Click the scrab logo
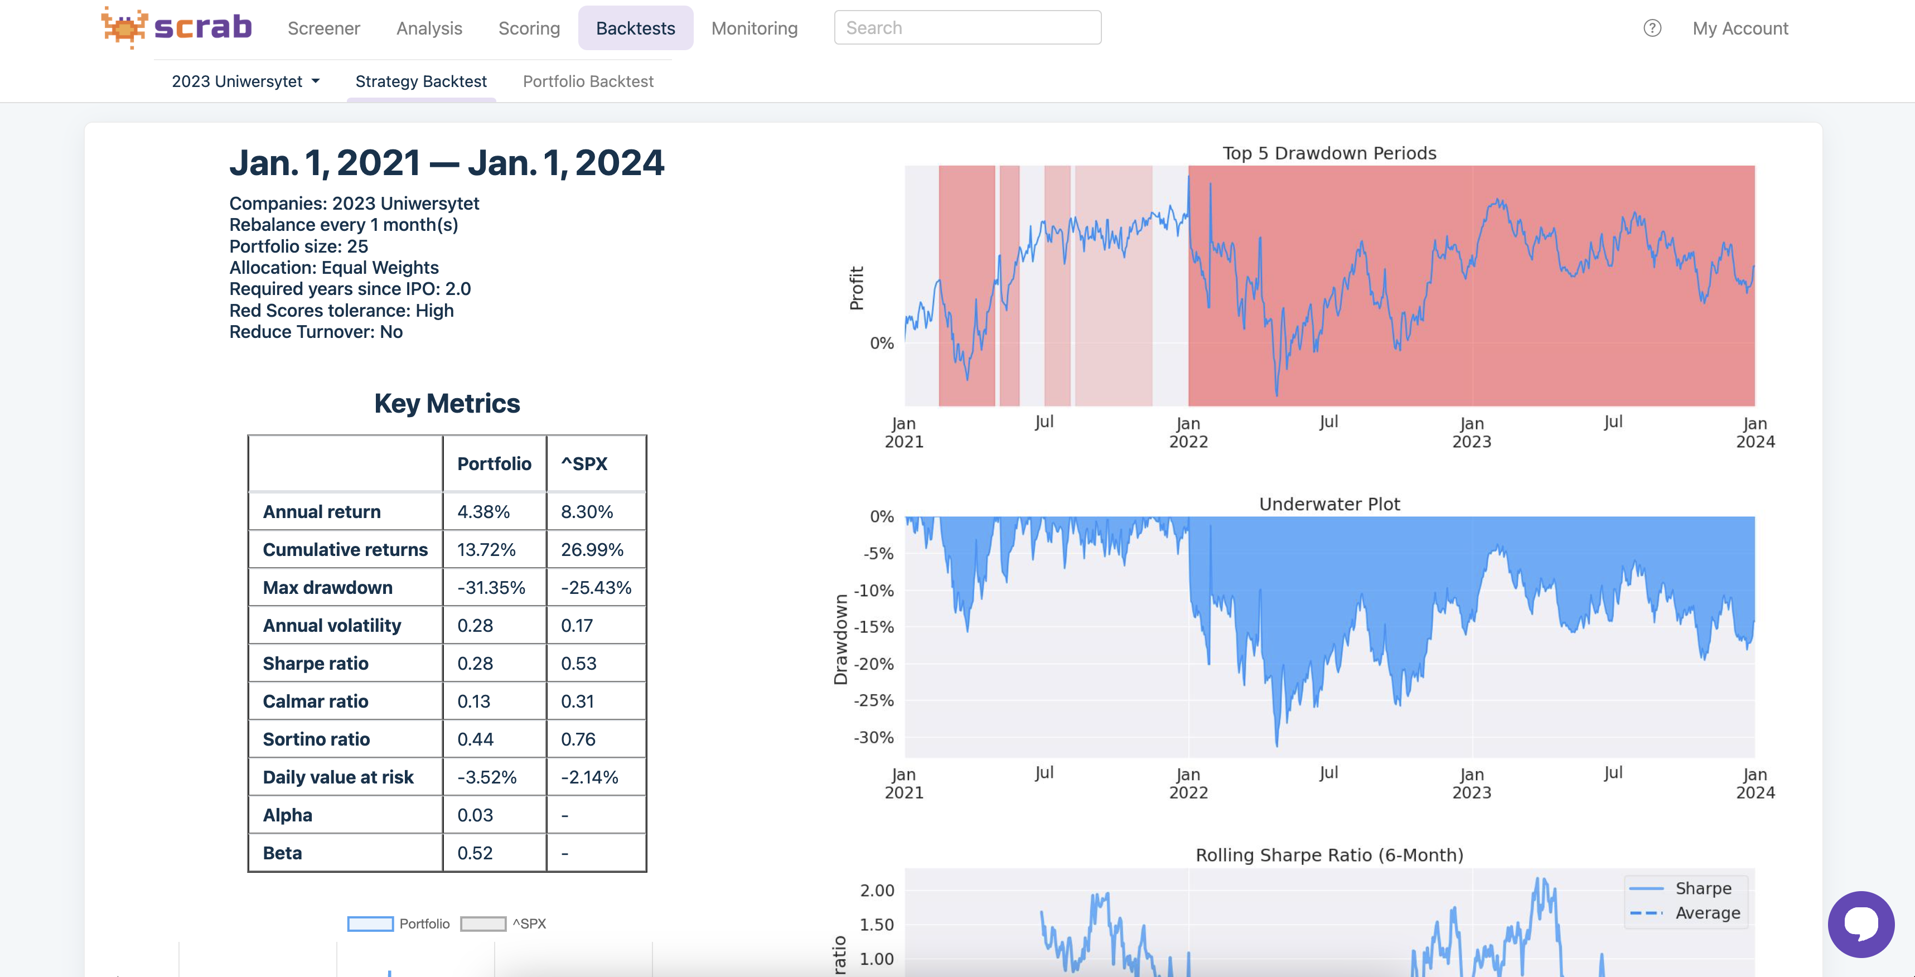(x=177, y=27)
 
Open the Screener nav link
(x=323, y=28)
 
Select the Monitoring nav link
(x=754, y=28)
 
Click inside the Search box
(x=966, y=27)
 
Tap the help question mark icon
(x=1652, y=28)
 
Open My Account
(x=1739, y=28)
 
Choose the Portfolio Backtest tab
(x=587, y=81)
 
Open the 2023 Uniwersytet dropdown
(x=245, y=81)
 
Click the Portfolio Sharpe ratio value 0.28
(x=475, y=663)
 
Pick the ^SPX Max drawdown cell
(x=596, y=587)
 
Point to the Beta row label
(x=283, y=853)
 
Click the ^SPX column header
(x=584, y=464)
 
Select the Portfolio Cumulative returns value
(x=486, y=549)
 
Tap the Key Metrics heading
(x=447, y=404)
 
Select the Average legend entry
(x=1707, y=913)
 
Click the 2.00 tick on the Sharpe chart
(x=877, y=891)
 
